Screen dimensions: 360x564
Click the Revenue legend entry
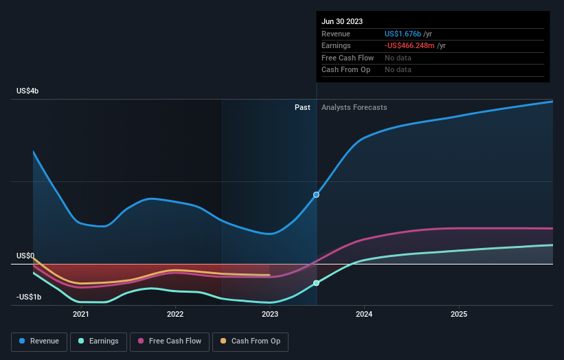(40, 341)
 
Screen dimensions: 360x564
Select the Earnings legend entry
(99, 341)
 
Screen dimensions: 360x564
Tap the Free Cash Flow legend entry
(170, 341)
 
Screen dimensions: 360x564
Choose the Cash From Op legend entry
(250, 341)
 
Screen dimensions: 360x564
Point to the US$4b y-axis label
(28, 91)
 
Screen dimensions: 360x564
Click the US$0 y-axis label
(25, 256)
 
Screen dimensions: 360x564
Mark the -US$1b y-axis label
(28, 297)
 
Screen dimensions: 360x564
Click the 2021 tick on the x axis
(81, 315)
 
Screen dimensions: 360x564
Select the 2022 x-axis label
(175, 315)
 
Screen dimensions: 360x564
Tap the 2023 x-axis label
(270, 315)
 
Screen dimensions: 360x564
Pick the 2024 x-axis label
(364, 315)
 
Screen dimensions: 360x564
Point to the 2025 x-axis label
(459, 315)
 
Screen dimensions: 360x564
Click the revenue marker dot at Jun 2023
(316, 195)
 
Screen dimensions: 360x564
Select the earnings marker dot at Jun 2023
(316, 283)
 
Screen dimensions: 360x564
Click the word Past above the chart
(302, 107)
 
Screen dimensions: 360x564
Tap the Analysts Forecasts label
(354, 107)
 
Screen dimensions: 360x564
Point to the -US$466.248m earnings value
(409, 46)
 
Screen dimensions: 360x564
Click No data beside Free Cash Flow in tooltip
(398, 58)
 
